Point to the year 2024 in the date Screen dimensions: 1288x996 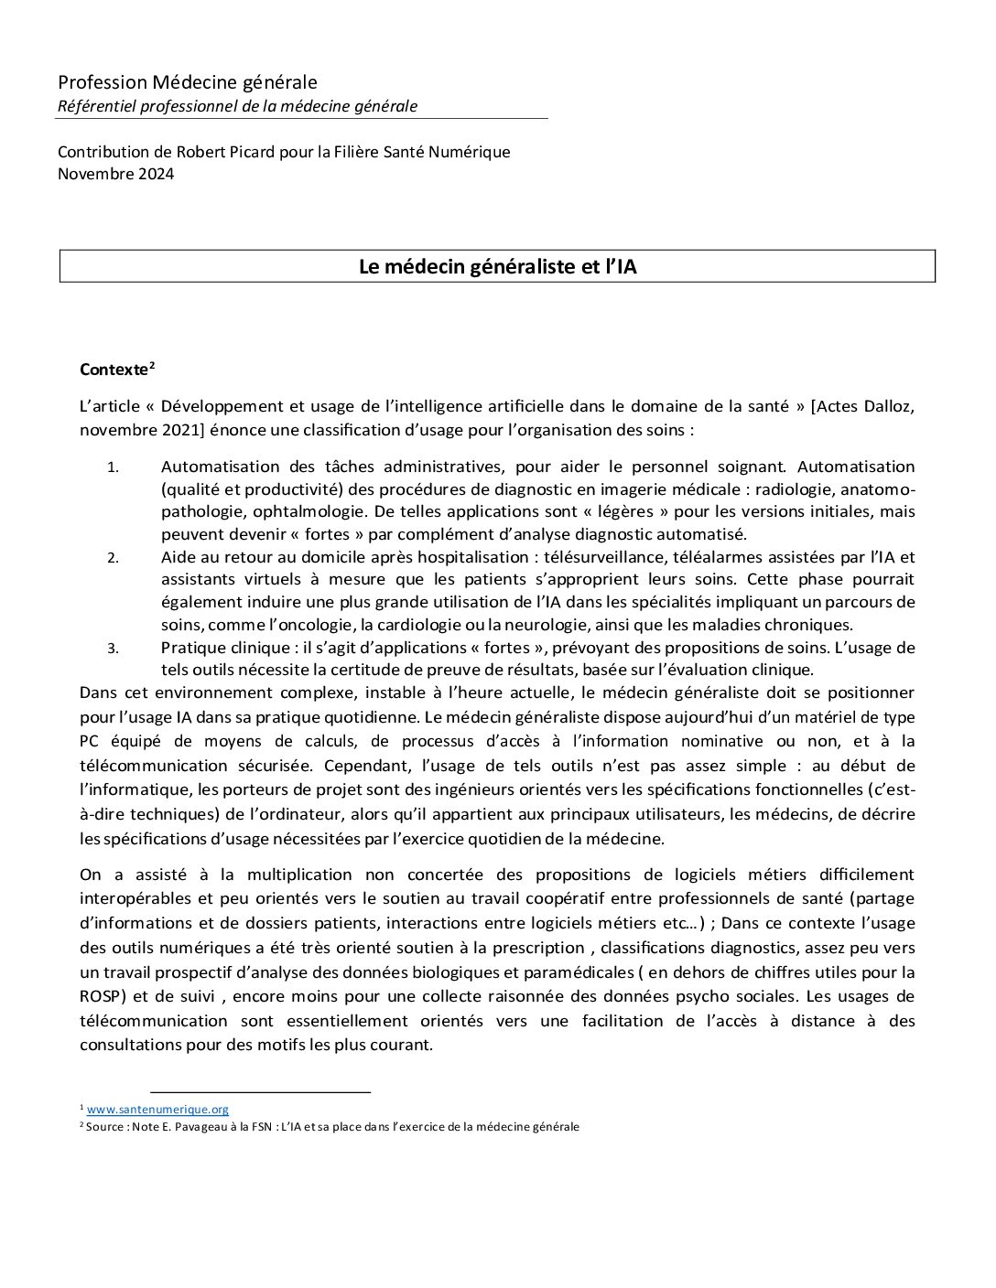(155, 174)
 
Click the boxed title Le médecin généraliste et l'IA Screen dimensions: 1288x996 (497, 266)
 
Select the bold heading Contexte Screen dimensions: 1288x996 (114, 370)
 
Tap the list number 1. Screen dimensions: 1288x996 (113, 467)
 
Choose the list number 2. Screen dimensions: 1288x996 (113, 558)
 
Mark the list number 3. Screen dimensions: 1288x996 (113, 649)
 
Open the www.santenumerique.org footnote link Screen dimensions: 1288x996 (157, 1110)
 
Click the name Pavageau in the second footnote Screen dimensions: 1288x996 (196, 1127)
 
